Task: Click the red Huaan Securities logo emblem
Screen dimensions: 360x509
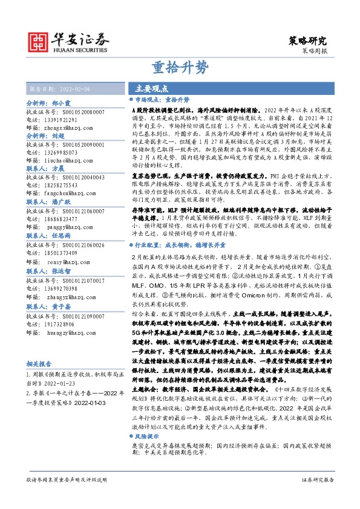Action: coord(39,41)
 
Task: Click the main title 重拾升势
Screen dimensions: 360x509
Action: coord(180,66)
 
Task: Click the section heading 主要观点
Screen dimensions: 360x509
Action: coord(151,88)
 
